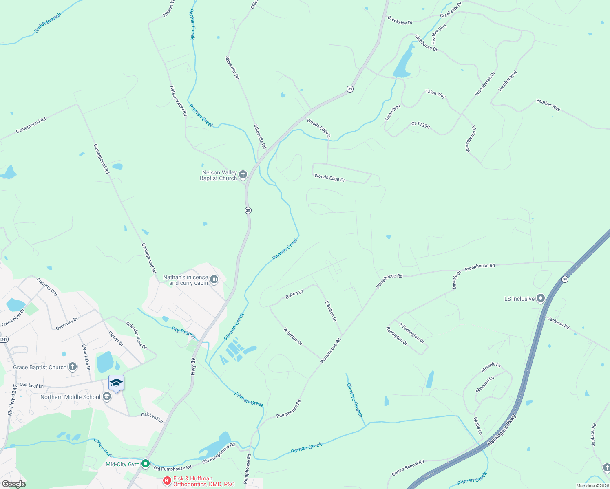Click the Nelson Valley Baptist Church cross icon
(x=243, y=175)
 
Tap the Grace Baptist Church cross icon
(x=73, y=367)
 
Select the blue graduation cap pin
(x=116, y=383)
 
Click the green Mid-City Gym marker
(x=146, y=464)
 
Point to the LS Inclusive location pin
(x=541, y=299)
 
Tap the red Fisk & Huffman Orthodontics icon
(x=167, y=481)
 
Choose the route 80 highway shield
(x=565, y=279)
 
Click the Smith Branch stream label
(x=47, y=23)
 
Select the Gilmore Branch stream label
(x=354, y=400)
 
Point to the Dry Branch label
(x=183, y=332)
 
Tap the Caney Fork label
(x=103, y=447)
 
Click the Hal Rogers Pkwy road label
(x=502, y=430)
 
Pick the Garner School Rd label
(x=408, y=468)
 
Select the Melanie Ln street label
(x=491, y=367)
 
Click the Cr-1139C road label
(x=420, y=125)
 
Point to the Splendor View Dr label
(x=136, y=335)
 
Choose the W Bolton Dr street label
(x=293, y=337)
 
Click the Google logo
(x=13, y=484)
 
